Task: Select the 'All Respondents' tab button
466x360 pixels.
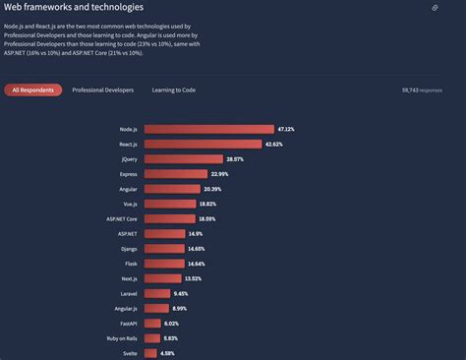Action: [33, 90]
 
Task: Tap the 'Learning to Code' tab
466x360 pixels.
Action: [173, 90]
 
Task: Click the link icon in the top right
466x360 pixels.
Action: [435, 8]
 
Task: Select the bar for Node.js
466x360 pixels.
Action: [208, 129]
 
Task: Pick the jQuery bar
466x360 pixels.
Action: [183, 158]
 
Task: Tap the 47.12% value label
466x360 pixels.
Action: [286, 129]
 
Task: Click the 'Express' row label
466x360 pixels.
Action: [127, 174]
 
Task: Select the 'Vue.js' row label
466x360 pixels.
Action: [128, 204]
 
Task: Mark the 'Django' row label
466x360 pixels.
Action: [128, 249]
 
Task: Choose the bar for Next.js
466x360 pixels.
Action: [162, 278]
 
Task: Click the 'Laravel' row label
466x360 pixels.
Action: [127, 293]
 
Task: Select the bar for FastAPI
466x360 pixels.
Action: [151, 323]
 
